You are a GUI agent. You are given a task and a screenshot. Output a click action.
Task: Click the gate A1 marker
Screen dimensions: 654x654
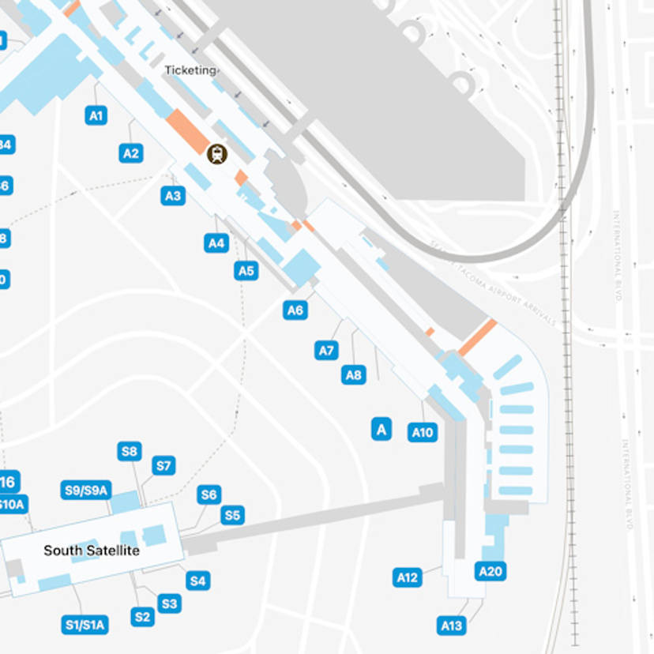pos(96,116)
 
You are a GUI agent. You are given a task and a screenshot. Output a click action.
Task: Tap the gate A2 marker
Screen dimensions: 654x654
pos(131,153)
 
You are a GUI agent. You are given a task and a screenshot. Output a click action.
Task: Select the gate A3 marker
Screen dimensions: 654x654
pos(173,196)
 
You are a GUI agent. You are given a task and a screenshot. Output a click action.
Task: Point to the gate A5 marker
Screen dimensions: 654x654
pos(246,271)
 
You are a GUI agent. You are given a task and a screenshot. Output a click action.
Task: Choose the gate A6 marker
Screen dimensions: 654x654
pos(295,310)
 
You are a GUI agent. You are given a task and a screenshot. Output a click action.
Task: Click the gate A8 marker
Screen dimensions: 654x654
pos(354,375)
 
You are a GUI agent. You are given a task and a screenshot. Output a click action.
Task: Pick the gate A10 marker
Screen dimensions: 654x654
pos(423,432)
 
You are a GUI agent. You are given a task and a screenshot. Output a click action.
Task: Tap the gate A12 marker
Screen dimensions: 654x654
pos(407,577)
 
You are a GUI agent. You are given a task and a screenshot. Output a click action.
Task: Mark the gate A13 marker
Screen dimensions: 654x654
pos(452,626)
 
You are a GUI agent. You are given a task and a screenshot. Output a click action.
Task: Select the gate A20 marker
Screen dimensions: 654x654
pos(490,571)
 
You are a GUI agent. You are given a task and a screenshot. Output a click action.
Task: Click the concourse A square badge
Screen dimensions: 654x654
pos(381,429)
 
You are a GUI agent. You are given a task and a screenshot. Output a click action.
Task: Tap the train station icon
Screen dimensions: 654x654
pos(216,154)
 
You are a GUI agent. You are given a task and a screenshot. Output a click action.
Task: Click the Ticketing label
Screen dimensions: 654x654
pos(190,70)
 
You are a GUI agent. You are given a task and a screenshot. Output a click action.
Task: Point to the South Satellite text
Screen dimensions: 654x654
pos(92,551)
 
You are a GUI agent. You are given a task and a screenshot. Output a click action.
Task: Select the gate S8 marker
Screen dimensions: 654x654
pos(130,452)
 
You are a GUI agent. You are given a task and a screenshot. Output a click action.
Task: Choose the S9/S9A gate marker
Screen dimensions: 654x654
pos(85,490)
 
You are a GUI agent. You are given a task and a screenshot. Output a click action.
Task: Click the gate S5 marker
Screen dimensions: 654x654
pos(232,516)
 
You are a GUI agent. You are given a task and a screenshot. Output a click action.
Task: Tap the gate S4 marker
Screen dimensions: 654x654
pos(197,581)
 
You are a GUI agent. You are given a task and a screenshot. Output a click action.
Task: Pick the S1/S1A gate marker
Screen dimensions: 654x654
pos(85,625)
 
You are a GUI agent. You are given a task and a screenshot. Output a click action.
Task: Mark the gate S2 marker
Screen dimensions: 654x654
pos(142,617)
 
